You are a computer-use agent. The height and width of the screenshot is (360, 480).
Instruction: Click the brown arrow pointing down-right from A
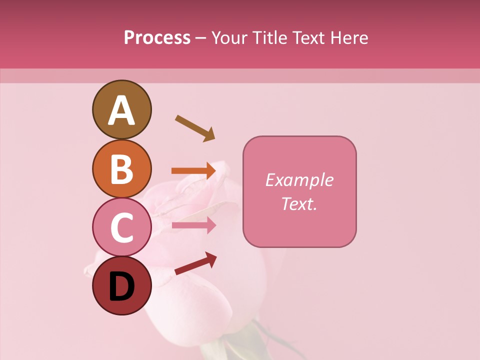(x=195, y=128)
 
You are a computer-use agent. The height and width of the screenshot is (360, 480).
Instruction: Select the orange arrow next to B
(x=193, y=171)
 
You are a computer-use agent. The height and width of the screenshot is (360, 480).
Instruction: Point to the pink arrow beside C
(x=193, y=225)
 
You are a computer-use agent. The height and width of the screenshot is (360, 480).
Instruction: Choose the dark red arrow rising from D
(x=195, y=263)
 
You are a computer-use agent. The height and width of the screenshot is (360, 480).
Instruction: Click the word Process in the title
(x=157, y=37)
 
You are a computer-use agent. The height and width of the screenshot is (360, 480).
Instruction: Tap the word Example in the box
(x=299, y=180)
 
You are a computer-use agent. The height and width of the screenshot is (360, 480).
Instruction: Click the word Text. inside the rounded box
(x=299, y=203)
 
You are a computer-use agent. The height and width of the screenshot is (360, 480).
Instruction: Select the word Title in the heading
(x=269, y=37)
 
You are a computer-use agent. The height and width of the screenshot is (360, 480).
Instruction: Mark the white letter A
(x=121, y=111)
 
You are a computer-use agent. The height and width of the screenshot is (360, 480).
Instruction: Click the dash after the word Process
(x=201, y=38)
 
